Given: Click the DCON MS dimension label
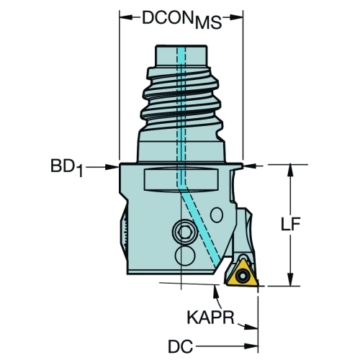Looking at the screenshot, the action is point(182,20).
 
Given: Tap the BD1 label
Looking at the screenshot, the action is point(66,168).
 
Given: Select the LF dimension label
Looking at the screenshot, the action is point(291,225).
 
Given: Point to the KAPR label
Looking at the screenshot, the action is point(210,318).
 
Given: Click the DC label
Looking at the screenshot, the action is point(180,346).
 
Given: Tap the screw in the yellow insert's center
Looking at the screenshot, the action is point(241,276).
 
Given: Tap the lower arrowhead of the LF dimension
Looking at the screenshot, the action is point(291,279).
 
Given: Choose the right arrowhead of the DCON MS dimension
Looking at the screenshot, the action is point(236,17).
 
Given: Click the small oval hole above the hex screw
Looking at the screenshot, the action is point(217,215).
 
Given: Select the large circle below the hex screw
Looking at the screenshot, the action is point(185,256).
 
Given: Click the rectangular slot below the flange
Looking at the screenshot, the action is point(181,180).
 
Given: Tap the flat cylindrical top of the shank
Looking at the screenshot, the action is point(181,55).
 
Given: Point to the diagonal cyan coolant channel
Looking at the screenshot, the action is point(201,228).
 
